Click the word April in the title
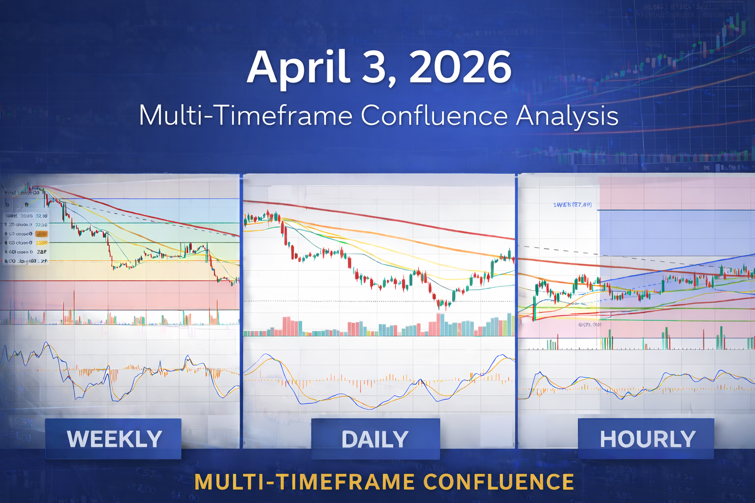click(298, 67)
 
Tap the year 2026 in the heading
click(460, 67)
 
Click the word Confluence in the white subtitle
click(434, 116)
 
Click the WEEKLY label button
click(114, 439)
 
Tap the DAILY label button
click(375, 439)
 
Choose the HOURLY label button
click(647, 439)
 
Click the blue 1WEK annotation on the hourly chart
click(572, 204)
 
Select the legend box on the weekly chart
click(26, 238)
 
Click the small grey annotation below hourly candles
click(590, 325)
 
